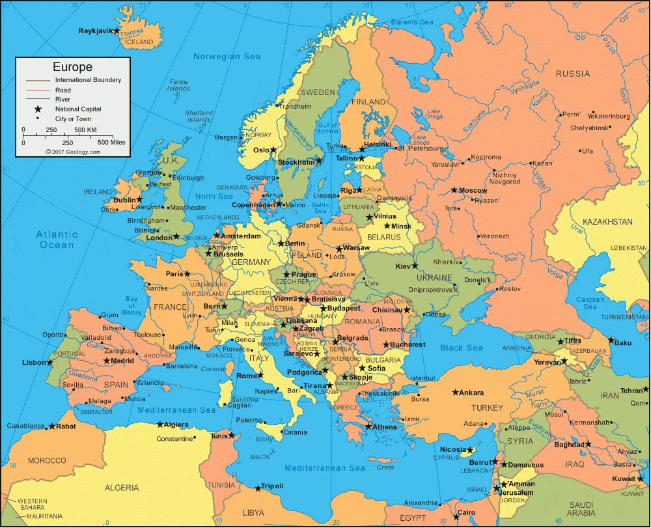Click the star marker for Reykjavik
(117, 31)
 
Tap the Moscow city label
(473, 190)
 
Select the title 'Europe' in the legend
(72, 67)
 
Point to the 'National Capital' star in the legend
(38, 109)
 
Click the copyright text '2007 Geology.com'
(73, 152)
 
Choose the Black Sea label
(461, 348)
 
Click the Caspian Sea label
(590, 303)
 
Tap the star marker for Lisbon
(50, 362)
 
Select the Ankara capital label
(471, 393)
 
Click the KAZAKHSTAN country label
(607, 222)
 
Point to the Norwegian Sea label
(227, 57)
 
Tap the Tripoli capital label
(272, 486)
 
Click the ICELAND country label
(139, 42)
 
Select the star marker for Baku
(611, 340)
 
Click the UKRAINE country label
(430, 277)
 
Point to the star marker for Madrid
(107, 361)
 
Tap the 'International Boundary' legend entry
(88, 80)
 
